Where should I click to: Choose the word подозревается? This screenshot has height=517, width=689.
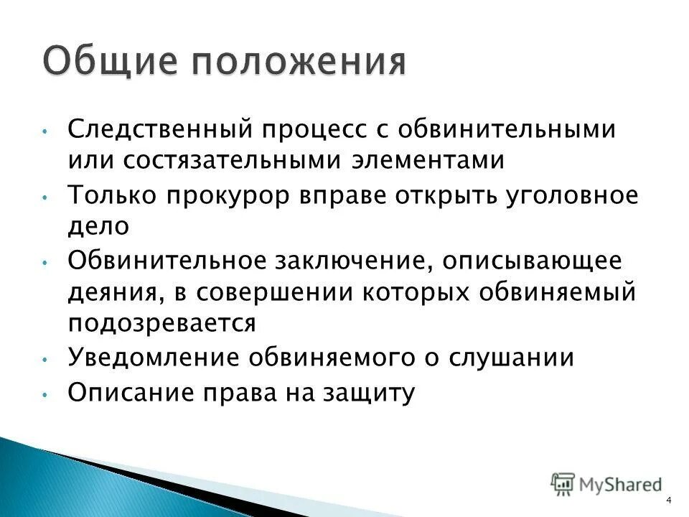pyautogui.click(x=161, y=325)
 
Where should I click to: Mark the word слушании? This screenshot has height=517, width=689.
pyautogui.click(x=513, y=357)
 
